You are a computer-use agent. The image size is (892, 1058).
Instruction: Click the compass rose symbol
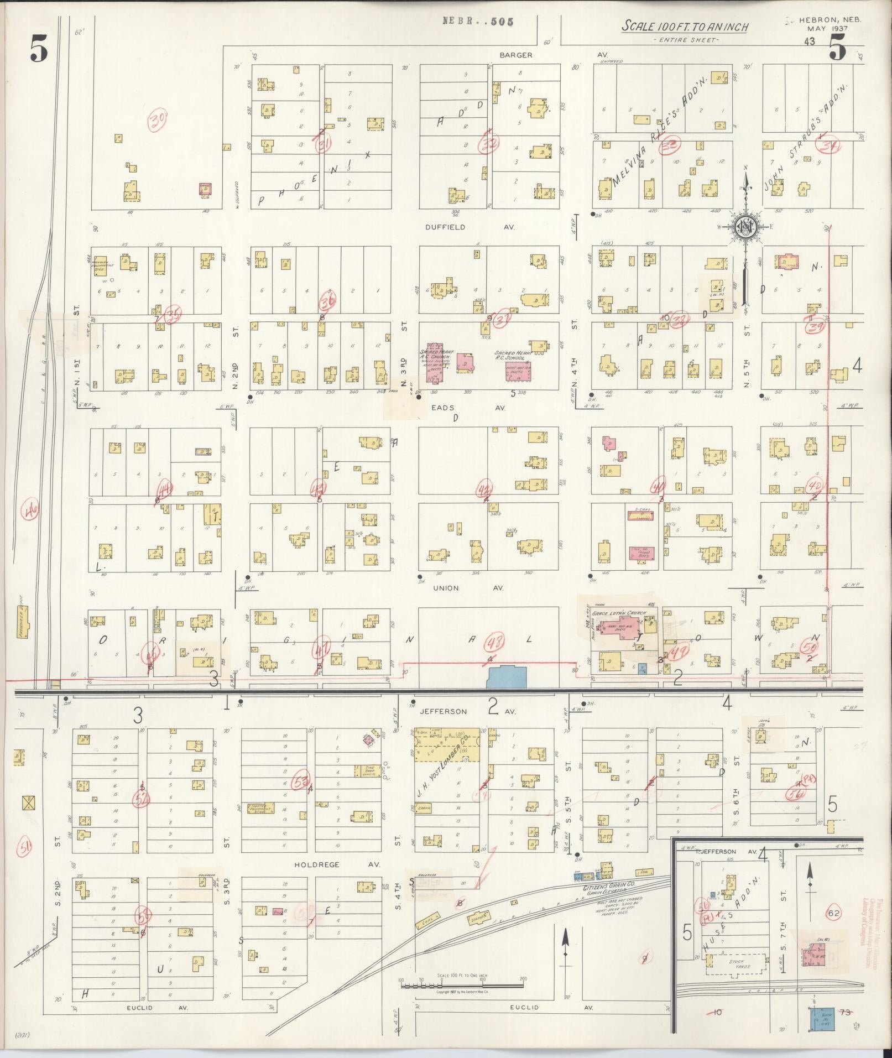[745, 226]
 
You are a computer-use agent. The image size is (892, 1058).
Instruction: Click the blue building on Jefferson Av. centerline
[507, 677]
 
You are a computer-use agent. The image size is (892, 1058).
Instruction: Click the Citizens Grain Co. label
[604, 888]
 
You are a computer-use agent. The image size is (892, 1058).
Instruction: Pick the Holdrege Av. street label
[317, 864]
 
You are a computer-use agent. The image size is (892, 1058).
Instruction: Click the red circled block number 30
[159, 118]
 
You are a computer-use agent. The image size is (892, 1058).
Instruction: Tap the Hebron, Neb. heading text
[830, 19]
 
